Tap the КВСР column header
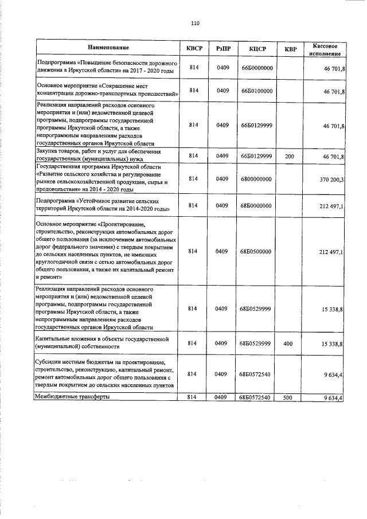pyautogui.click(x=194, y=49)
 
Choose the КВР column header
pyautogui.click(x=291, y=49)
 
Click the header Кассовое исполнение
pyautogui.click(x=325, y=49)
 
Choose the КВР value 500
pyautogui.click(x=290, y=397)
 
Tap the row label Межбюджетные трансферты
pyautogui.click(x=72, y=396)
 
